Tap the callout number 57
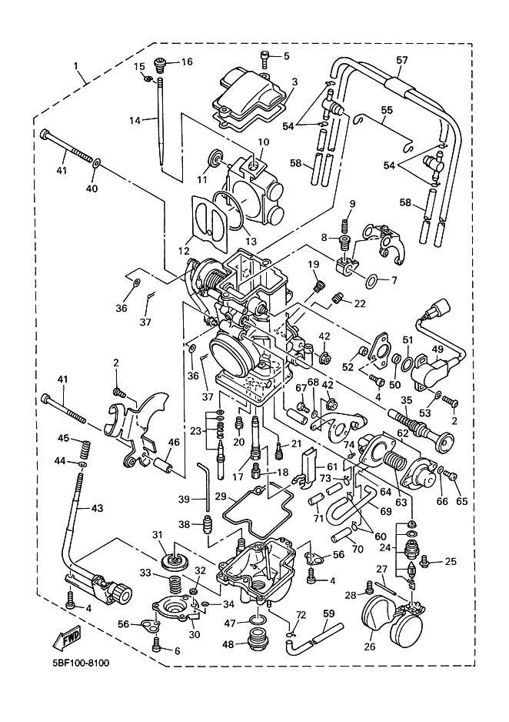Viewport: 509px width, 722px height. [402, 60]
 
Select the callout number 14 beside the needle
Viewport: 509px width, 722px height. [135, 121]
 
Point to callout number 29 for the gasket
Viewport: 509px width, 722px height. [221, 496]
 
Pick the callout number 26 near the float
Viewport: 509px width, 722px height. [370, 647]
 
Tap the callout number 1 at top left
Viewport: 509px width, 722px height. [75, 66]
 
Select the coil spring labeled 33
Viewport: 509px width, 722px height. [174, 584]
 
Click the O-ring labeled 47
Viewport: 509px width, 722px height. [258, 619]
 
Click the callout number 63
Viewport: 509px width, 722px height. [401, 501]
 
